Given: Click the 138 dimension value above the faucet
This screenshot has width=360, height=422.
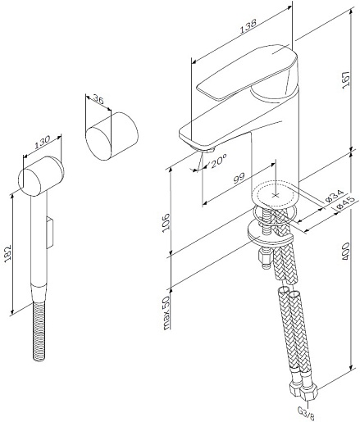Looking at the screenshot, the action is (x=248, y=25).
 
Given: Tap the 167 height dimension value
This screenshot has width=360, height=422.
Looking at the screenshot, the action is (x=346, y=79).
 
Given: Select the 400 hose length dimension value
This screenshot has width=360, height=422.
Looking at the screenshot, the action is (x=346, y=251).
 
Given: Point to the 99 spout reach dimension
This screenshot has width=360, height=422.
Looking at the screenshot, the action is (x=239, y=178).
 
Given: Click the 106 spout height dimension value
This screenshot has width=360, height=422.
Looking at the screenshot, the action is (x=166, y=223).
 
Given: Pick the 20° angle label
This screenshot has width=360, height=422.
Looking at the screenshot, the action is (x=219, y=161).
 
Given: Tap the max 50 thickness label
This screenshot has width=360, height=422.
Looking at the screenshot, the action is (x=166, y=312).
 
